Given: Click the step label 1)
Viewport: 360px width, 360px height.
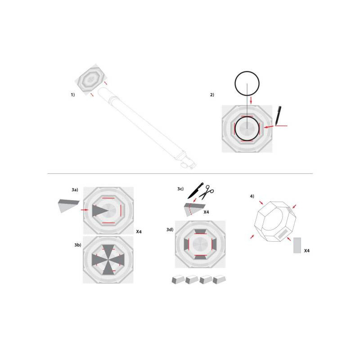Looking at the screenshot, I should pyautogui.click(x=72, y=95).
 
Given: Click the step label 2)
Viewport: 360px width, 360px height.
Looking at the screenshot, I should pyautogui.click(x=212, y=95).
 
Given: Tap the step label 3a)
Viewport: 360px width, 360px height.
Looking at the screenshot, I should pyautogui.click(x=75, y=191).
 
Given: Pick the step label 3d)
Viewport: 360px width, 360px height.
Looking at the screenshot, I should pyautogui.click(x=170, y=229).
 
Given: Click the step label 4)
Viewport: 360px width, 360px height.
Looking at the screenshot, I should pyautogui.click(x=252, y=196).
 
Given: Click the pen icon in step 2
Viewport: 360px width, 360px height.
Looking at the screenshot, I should pyautogui.click(x=279, y=115).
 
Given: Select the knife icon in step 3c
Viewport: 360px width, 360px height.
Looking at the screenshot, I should pyautogui.click(x=195, y=190).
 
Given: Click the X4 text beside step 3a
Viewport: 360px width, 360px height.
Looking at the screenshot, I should pyautogui.click(x=139, y=232).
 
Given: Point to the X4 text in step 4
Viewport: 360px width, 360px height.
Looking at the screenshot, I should pyautogui.click(x=307, y=250).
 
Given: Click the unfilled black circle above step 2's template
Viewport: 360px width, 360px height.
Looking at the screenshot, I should pyautogui.click(x=247, y=83).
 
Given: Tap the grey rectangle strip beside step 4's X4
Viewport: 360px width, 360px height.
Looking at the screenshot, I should pyautogui.click(x=297, y=245).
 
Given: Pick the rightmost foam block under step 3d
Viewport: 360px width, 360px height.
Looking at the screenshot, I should pyautogui.click(x=219, y=279).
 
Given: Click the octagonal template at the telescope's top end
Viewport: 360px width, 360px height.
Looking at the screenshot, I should pyautogui.click(x=90, y=78).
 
